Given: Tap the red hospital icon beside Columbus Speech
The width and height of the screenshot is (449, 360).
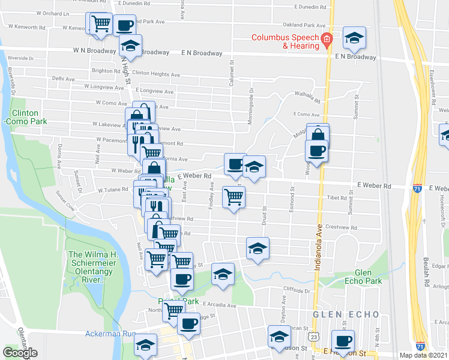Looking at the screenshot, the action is [327, 41].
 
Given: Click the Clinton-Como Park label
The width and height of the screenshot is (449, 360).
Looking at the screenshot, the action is [25, 117].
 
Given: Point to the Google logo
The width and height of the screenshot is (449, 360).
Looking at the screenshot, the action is [20, 353].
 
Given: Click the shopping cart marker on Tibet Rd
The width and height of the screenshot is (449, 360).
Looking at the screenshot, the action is [233, 197].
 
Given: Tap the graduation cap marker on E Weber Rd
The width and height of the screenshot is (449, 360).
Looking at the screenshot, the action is [254, 167].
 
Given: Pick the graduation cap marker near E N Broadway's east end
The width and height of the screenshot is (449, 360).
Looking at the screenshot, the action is [354, 38].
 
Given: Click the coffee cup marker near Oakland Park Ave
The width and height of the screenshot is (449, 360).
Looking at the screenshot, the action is [124, 26].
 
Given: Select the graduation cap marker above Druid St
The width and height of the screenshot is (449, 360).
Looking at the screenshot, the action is [258, 248].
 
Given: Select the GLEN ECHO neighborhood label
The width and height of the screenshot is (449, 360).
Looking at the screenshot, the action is [337, 314].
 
